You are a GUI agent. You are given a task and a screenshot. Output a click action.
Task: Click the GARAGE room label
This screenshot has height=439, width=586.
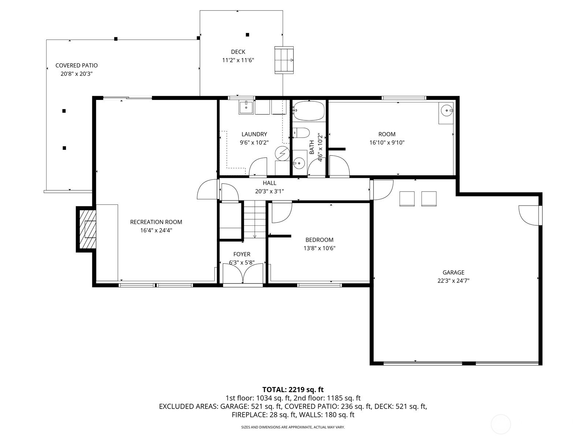[x=453, y=273]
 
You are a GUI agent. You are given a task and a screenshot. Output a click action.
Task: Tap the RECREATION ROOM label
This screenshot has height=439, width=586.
[x=156, y=222]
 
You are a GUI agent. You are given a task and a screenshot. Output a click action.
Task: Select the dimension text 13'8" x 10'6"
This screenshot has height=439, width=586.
[x=319, y=248]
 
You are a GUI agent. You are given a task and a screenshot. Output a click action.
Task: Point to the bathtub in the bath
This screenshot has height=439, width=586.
[x=309, y=110]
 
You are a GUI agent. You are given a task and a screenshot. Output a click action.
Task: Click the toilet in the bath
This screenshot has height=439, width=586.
[x=301, y=132]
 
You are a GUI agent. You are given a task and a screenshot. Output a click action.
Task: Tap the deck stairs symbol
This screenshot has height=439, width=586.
[x=284, y=60]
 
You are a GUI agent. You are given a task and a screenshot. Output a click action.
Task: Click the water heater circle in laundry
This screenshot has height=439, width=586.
[x=282, y=153]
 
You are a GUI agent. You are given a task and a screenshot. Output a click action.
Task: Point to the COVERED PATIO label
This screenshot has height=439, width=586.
[x=77, y=65]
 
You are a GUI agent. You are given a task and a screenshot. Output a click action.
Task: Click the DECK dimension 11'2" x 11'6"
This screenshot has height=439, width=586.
[x=238, y=60]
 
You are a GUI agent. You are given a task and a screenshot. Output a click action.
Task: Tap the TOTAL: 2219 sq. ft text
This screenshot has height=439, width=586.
[x=293, y=390]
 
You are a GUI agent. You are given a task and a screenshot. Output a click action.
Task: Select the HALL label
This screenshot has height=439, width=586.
[x=269, y=183]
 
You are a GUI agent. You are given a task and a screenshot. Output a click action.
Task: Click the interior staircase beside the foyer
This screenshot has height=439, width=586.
[x=255, y=219]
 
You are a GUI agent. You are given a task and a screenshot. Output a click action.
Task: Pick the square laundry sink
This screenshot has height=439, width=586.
[x=246, y=108]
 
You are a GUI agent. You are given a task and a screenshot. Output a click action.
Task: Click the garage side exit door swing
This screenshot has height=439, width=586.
[x=528, y=215]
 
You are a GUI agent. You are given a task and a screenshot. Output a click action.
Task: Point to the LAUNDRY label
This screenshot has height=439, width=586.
[x=254, y=134]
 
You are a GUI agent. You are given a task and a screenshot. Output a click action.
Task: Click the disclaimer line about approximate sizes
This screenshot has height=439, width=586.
[x=293, y=427]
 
